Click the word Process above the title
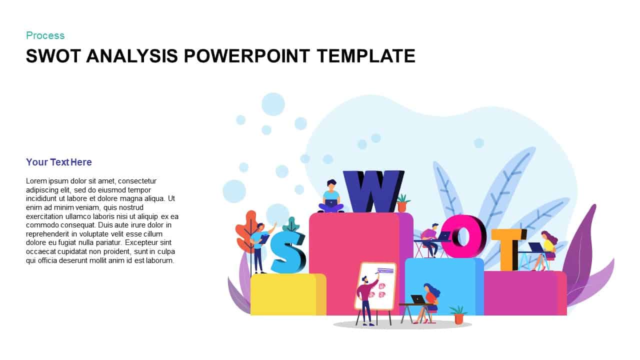(x=45, y=35)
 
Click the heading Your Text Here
(x=59, y=162)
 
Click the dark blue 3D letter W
(x=372, y=191)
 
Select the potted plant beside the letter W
(x=402, y=203)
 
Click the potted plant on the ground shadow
(x=458, y=314)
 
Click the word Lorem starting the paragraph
(x=36, y=181)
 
